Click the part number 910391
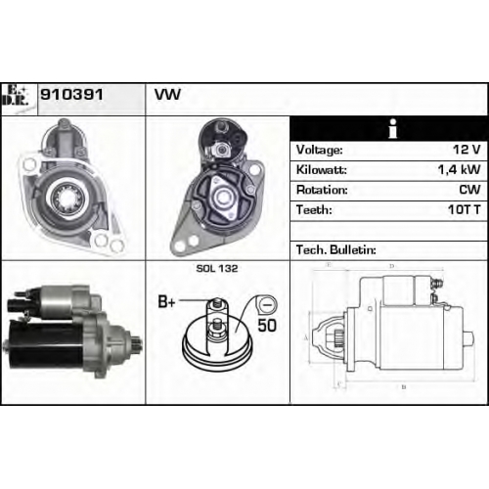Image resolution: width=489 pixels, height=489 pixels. [x=71, y=95]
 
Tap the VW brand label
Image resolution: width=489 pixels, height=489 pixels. [x=167, y=95]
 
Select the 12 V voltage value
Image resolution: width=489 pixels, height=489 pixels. [x=467, y=150]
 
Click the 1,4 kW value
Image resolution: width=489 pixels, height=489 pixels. [x=459, y=169]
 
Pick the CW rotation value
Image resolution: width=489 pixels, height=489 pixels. [x=469, y=190]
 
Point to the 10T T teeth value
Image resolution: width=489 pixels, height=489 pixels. [x=465, y=209]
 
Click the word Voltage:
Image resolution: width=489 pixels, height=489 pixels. [x=320, y=150]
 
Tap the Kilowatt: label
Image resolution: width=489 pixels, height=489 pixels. [x=322, y=170]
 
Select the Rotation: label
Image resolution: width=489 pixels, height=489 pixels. [x=322, y=190]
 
